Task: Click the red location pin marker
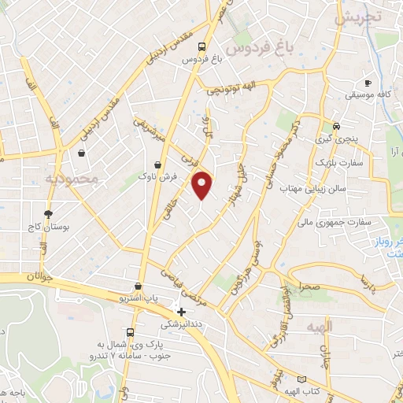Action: point(203,185)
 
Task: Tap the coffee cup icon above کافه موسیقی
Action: point(368,83)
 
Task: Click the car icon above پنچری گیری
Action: point(336,126)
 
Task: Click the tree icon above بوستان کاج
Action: point(49,213)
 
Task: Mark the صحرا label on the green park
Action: point(308,288)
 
